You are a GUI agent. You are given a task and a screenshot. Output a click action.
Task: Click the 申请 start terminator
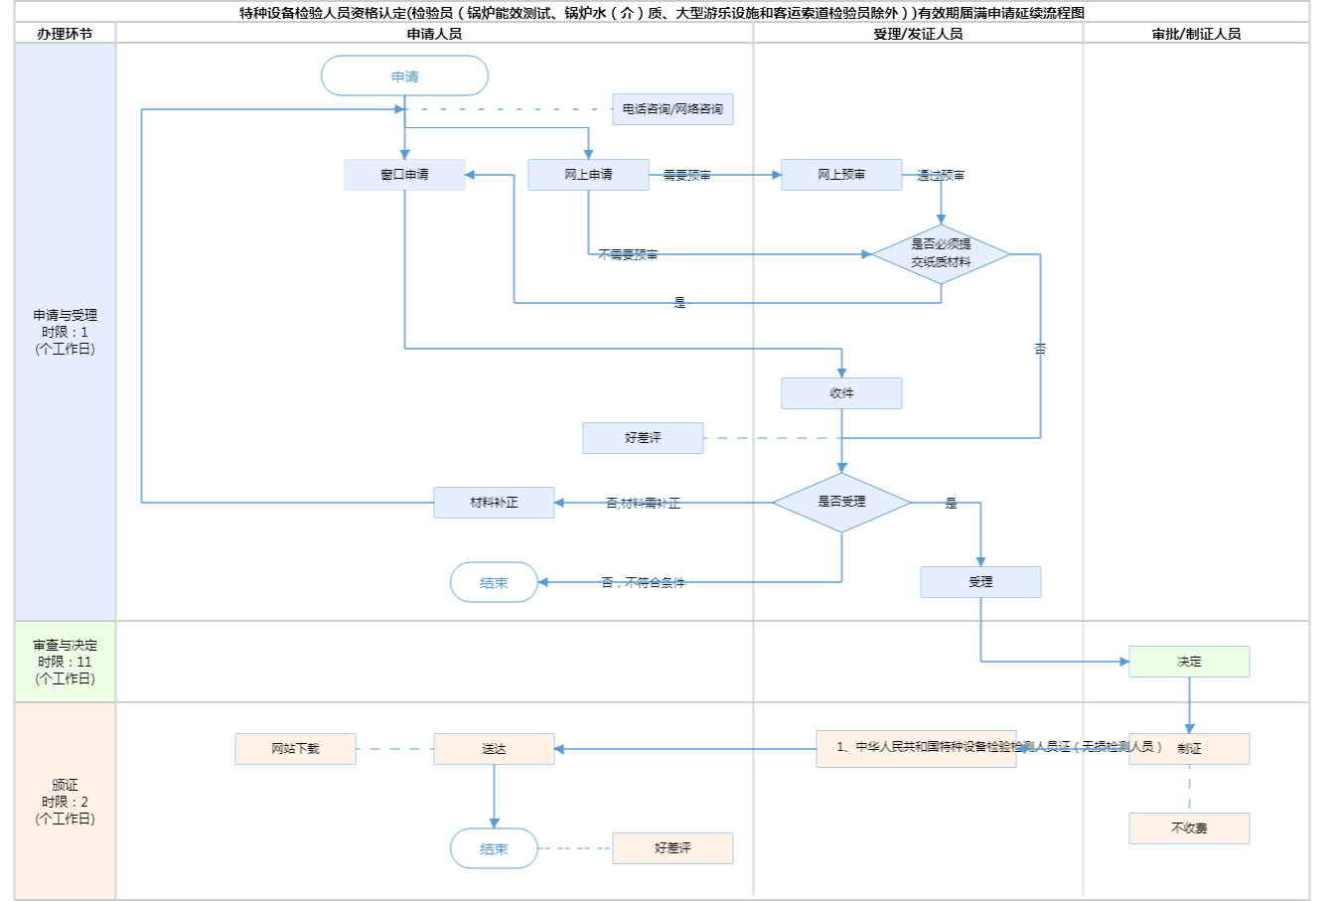404,76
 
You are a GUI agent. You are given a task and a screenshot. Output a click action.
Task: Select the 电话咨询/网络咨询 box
672,109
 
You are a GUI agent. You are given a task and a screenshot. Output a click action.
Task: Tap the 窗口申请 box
404,175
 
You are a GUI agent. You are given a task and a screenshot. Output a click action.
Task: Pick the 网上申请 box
588,175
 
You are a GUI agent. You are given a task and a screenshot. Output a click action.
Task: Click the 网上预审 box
841,175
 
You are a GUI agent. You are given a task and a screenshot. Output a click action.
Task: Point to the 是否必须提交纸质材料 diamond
941,254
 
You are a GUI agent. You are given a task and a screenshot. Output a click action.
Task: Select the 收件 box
841,393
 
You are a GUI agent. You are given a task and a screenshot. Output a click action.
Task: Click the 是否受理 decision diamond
841,503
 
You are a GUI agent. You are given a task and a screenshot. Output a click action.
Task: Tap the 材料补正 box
494,503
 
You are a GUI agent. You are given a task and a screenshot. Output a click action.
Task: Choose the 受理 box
980,582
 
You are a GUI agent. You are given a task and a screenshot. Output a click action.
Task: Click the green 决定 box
1189,662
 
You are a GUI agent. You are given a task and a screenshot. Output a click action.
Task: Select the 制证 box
1189,749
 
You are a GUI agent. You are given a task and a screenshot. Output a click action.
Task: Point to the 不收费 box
1189,828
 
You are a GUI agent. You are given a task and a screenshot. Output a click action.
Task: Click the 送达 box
494,749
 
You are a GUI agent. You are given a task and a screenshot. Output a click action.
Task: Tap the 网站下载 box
295,749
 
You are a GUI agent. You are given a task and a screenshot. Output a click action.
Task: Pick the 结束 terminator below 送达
494,849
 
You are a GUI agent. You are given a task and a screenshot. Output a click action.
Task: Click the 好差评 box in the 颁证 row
672,848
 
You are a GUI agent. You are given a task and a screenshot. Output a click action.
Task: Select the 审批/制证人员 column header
1196,34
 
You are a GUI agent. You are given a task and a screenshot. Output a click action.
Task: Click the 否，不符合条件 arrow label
643,583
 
